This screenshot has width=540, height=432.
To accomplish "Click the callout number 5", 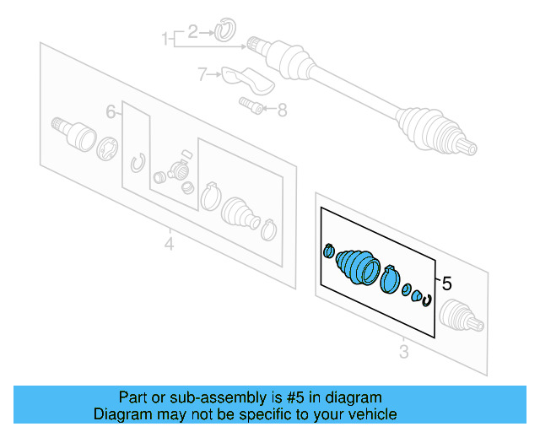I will [447, 283].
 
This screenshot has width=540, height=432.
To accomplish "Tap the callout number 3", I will [404, 351].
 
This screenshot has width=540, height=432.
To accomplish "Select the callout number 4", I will [169, 245].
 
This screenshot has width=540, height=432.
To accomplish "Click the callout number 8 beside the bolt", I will [282, 109].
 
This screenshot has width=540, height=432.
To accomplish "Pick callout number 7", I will [202, 75].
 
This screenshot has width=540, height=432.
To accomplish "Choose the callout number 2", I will [193, 32].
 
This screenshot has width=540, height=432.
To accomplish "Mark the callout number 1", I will [165, 38].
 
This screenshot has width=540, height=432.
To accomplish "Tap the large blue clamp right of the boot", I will [390, 278].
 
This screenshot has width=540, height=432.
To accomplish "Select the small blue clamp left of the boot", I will [329, 251].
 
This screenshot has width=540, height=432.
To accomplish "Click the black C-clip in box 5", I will [428, 301].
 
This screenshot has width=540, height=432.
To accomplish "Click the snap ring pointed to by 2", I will [223, 31].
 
